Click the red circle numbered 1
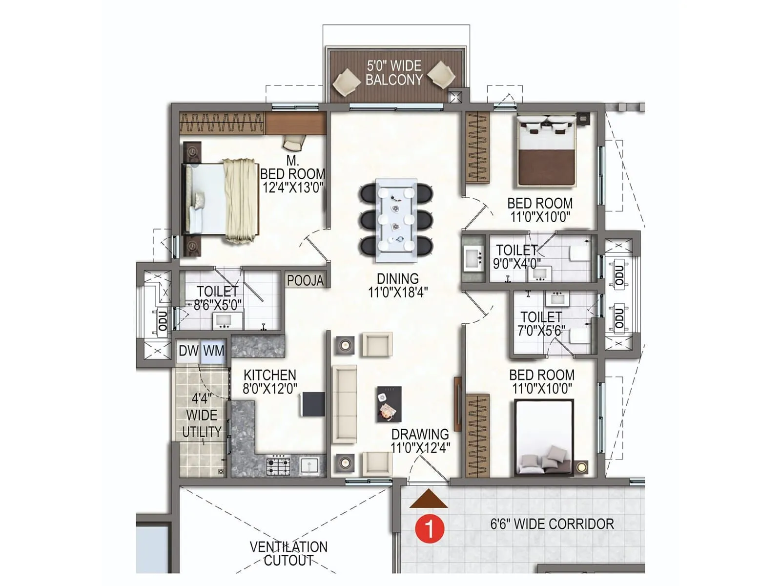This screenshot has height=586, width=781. coord(430,528)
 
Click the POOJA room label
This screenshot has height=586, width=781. coord(305,280)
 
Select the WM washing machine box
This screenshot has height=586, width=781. coord(214,351)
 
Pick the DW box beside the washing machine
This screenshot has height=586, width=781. coord(188,351)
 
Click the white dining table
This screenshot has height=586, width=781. coord(396,217)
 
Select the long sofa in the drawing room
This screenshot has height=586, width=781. coord(345,404)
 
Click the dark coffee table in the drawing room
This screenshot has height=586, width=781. coord(389,404)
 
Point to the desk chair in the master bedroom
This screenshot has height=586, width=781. coord(293,143)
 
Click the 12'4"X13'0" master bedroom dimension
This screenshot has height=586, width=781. coord(293,188)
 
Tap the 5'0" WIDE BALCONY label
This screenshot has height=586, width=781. coord(394,73)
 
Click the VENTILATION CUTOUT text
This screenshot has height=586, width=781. coord(288,553)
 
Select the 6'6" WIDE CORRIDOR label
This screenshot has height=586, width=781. coord(552,524)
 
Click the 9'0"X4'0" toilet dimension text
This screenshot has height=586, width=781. coord(516,264)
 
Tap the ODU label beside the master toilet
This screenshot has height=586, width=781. coord(163,320)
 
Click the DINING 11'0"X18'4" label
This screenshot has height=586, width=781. coord(398,286)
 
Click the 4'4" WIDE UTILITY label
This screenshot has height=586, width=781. coord(202,415)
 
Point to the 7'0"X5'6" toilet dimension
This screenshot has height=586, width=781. coord(541,331)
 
